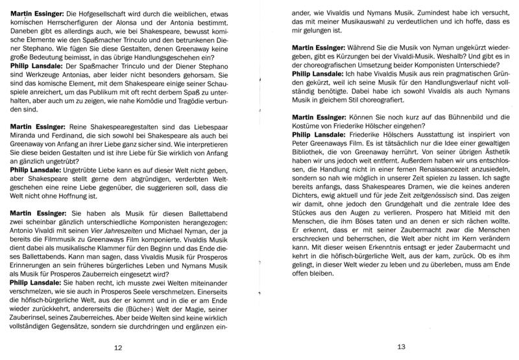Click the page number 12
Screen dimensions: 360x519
point(118,348)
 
